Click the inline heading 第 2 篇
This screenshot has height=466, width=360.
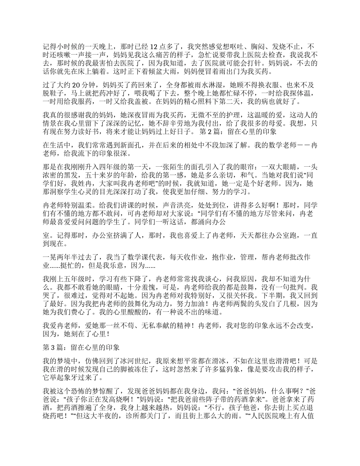pos(210,133)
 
